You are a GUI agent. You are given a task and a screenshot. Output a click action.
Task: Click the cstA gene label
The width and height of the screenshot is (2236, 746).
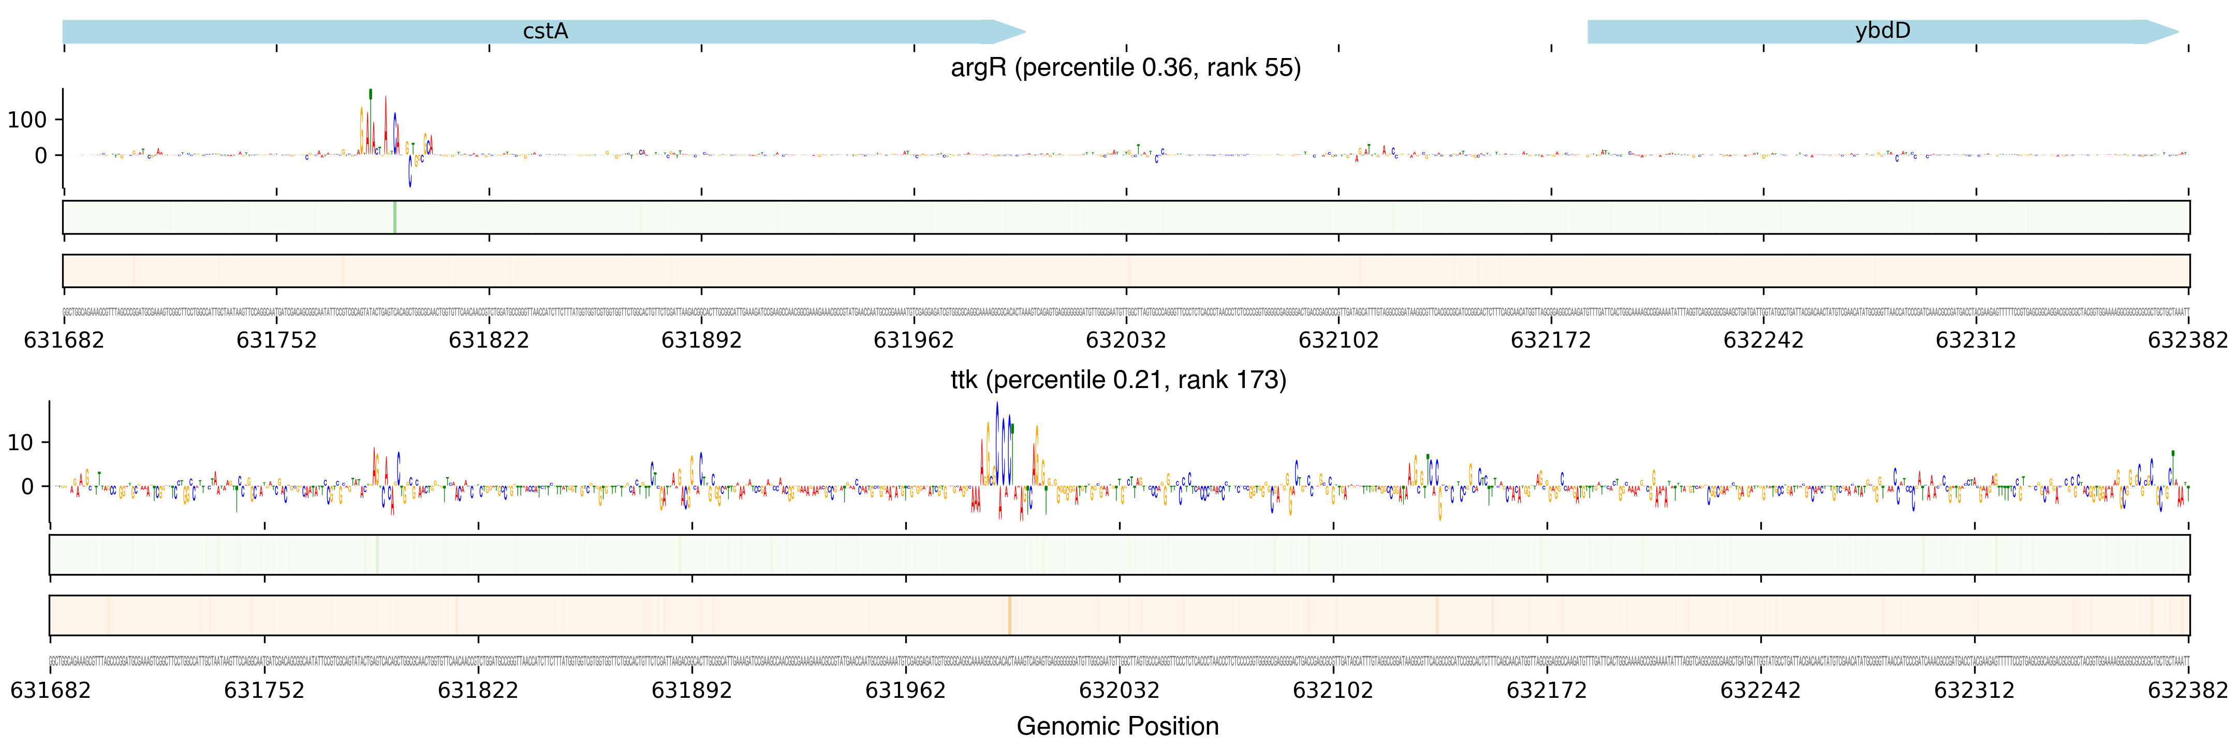point(545,31)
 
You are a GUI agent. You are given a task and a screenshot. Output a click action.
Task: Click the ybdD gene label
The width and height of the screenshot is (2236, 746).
point(1882,31)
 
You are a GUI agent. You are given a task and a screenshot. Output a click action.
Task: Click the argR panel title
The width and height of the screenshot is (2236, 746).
point(1125,68)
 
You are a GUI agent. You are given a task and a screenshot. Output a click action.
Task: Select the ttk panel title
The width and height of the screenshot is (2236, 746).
point(1118,380)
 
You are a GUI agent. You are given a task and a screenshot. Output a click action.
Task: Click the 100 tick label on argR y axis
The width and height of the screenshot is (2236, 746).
point(27,120)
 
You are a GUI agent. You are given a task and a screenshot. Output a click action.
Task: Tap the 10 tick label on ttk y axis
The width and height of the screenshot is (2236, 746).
point(20,443)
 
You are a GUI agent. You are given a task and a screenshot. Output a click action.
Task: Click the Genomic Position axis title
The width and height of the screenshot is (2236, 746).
point(1117,726)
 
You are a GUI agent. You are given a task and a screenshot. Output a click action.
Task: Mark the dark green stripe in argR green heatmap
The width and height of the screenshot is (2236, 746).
point(395,217)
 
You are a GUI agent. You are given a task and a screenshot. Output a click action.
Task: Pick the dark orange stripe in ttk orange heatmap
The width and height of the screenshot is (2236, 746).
point(1009,615)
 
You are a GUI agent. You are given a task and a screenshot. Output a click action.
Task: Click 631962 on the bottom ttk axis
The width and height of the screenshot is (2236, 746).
point(905,691)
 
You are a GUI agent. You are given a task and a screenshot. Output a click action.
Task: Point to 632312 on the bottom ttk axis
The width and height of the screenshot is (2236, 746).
point(1974,691)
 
